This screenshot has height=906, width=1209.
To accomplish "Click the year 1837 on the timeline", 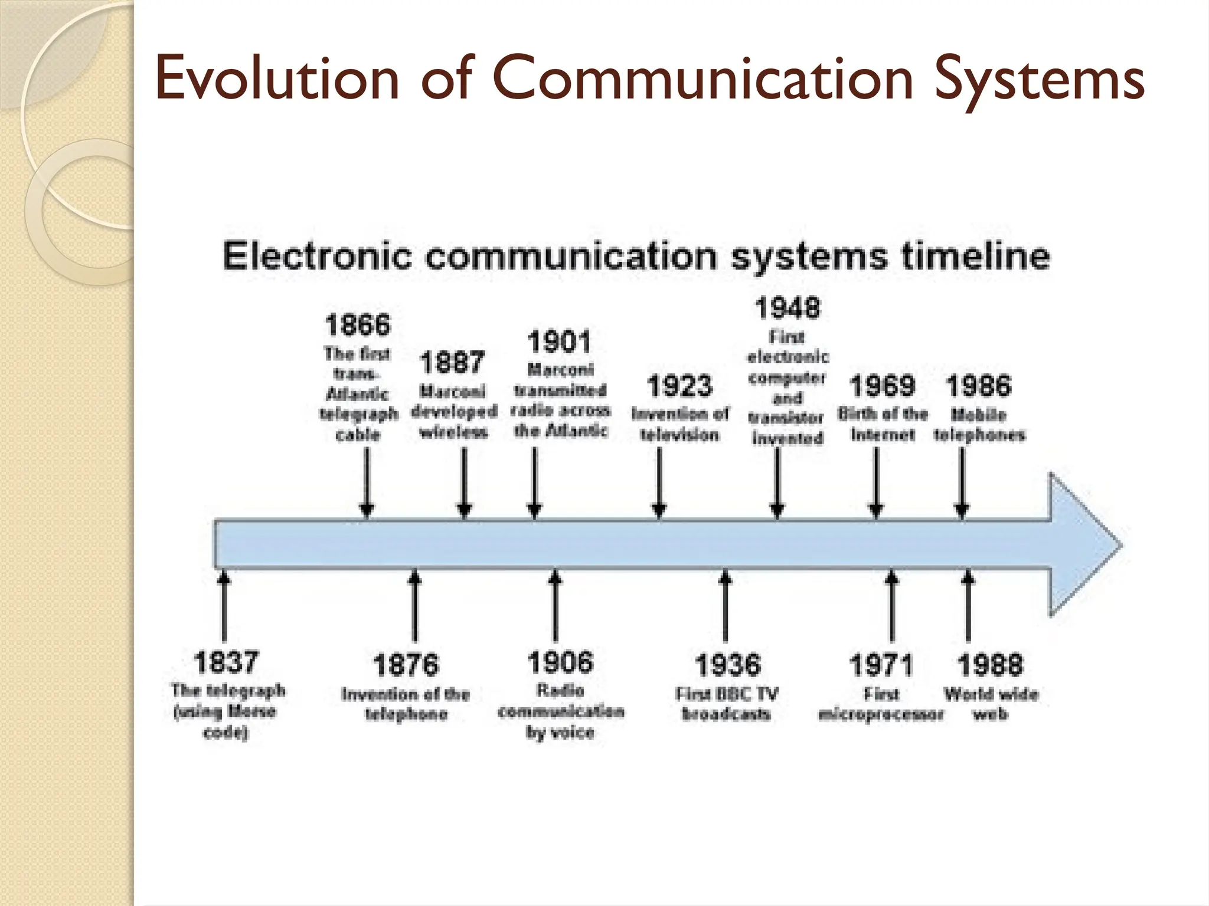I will pyautogui.click(x=226, y=662).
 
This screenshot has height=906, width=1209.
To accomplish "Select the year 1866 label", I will pyautogui.click(x=358, y=325).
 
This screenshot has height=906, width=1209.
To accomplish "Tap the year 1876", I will pyautogui.click(x=406, y=665).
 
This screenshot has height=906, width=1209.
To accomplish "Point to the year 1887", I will pyautogui.click(x=452, y=362).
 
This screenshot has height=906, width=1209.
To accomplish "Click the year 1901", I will pyautogui.click(x=558, y=342).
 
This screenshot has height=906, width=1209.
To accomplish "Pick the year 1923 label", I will pyautogui.click(x=680, y=386).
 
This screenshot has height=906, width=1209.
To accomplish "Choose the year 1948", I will pyautogui.click(x=788, y=308).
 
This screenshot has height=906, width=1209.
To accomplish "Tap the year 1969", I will pyautogui.click(x=883, y=386).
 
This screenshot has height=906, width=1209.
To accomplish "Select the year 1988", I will pyautogui.click(x=990, y=665).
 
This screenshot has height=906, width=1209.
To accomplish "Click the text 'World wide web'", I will pyautogui.click(x=991, y=704).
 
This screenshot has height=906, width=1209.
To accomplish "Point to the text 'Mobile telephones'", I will pyautogui.click(x=979, y=425).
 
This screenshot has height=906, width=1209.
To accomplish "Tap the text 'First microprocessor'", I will pyautogui.click(x=881, y=704).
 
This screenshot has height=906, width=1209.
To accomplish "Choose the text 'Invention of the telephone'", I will pyautogui.click(x=406, y=704).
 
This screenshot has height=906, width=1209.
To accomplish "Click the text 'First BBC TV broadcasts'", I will pyautogui.click(x=727, y=704).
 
